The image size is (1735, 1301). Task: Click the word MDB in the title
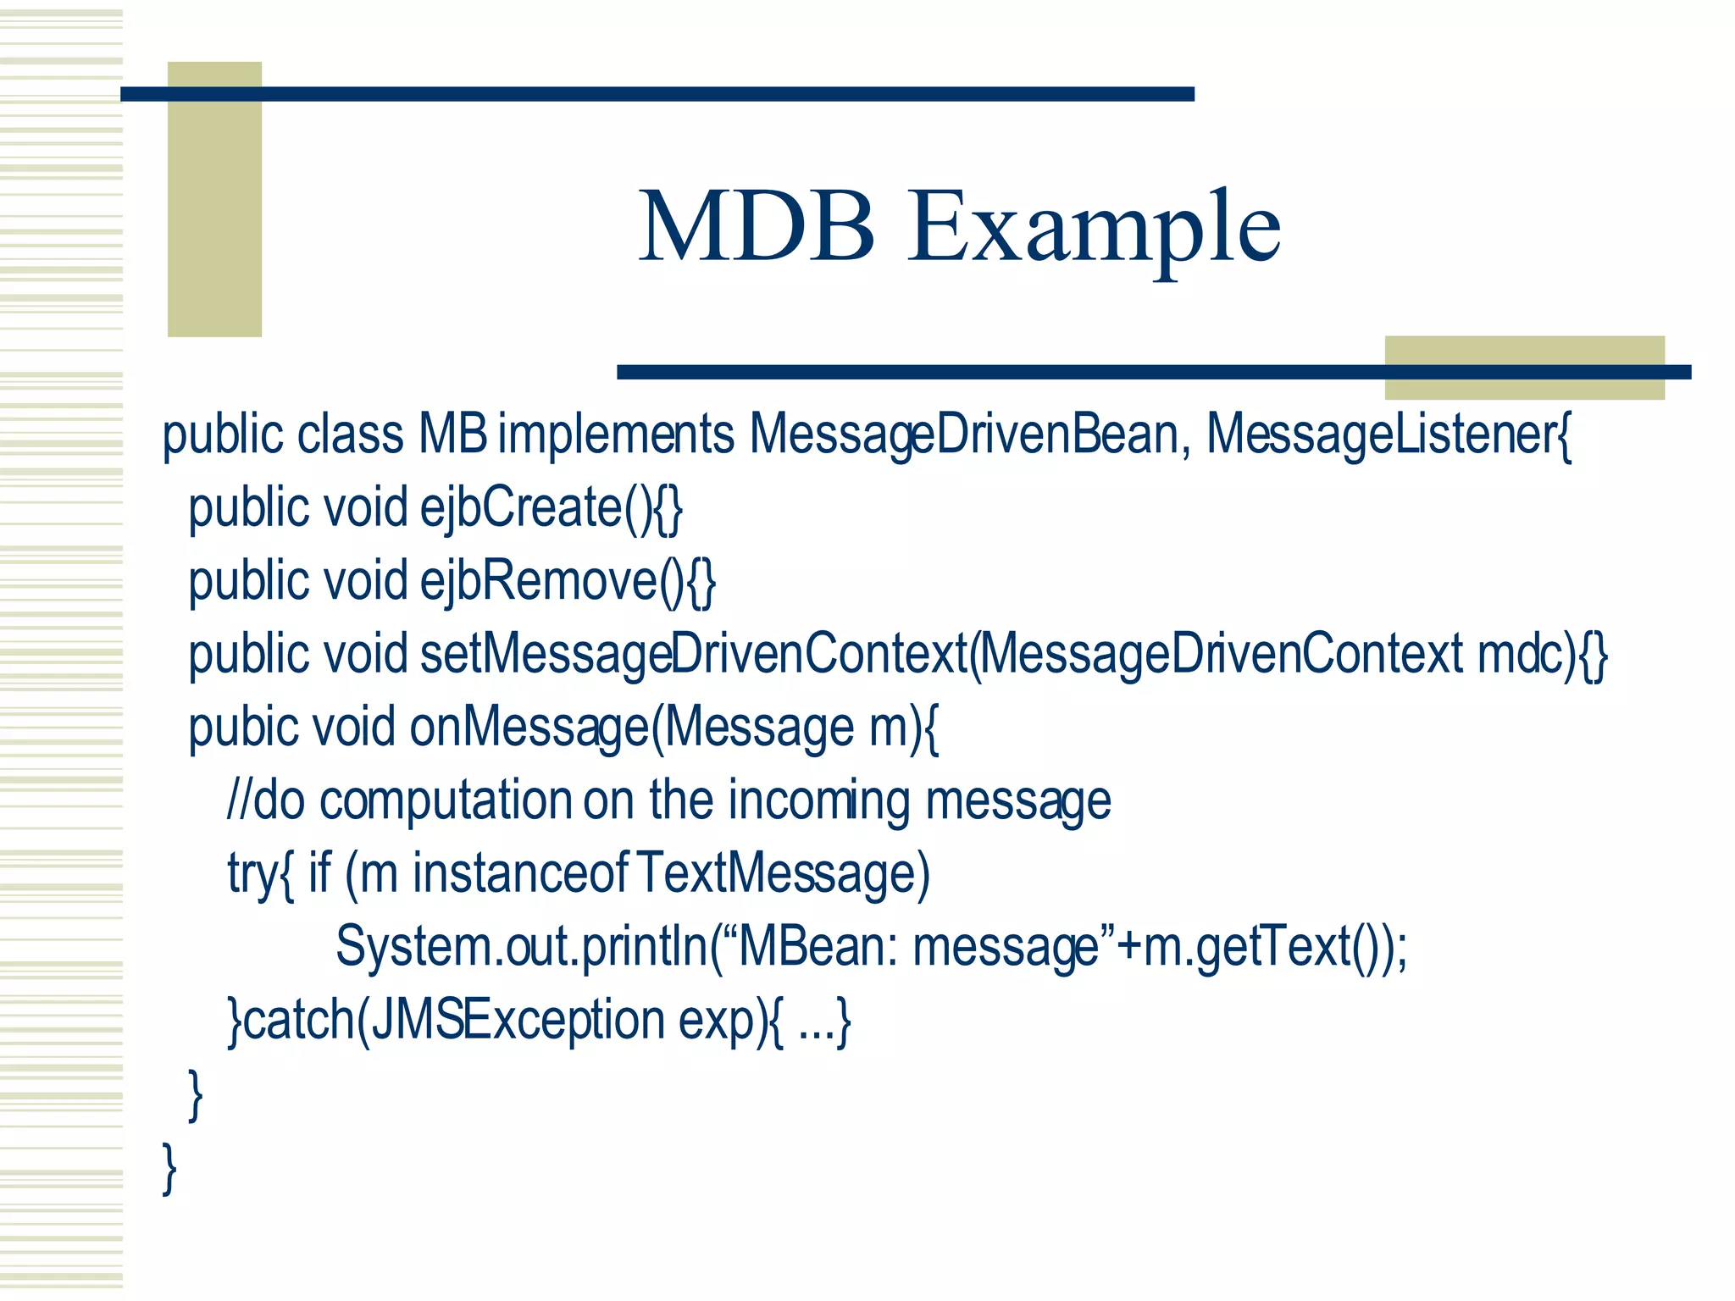click(x=757, y=227)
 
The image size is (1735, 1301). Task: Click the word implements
click(x=616, y=435)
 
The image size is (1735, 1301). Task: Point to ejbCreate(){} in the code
click(x=551, y=508)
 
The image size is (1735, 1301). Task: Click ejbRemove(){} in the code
click(x=568, y=582)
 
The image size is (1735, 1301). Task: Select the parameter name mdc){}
click(x=1542, y=655)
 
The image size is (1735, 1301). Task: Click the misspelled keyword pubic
click(x=244, y=728)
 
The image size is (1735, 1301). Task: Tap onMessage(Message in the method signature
click(x=631, y=728)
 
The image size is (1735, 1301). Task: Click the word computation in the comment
click(x=446, y=801)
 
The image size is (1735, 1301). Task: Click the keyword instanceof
click(x=520, y=874)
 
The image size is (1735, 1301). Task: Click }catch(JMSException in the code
click(x=446, y=1021)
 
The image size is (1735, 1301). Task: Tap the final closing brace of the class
click(x=169, y=1169)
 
